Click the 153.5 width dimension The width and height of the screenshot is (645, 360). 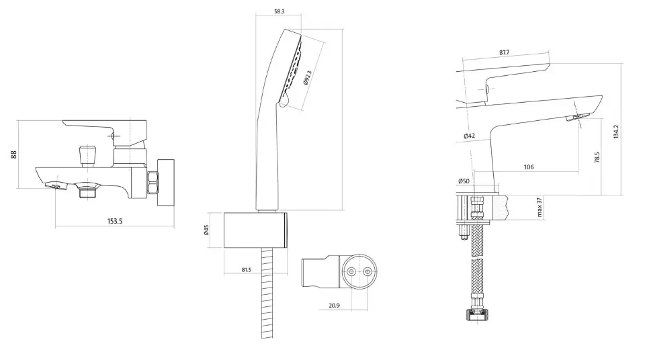click(115, 221)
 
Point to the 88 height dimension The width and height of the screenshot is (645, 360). click(14, 154)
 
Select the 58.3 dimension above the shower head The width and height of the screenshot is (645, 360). click(279, 11)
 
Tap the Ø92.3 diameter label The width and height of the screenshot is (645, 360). click(308, 77)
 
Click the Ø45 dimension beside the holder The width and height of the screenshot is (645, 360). click(206, 230)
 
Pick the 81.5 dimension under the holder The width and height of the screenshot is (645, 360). click(247, 270)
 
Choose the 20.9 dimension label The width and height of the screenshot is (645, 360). click(335, 306)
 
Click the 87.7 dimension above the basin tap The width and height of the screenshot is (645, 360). click(505, 52)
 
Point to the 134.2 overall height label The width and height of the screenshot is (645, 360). click(616, 132)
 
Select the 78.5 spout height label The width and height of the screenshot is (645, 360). click(597, 158)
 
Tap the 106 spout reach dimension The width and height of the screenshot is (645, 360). click(529, 167)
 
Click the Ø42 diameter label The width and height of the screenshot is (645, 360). click(470, 136)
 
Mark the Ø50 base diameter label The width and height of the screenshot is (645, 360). click(464, 181)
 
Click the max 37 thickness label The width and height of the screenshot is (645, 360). click(540, 208)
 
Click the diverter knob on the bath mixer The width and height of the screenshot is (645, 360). click(87, 154)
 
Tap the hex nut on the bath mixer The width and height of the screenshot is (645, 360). click(153, 183)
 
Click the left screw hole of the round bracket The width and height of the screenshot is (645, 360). click(351, 272)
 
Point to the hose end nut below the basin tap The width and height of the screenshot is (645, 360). click(478, 314)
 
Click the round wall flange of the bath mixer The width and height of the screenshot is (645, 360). click(166, 183)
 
